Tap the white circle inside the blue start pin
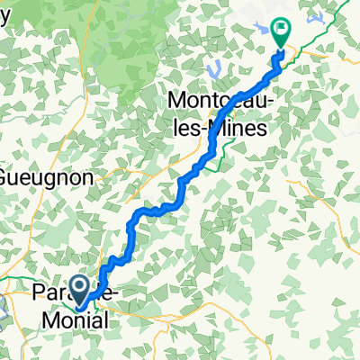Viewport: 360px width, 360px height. [79, 286]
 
